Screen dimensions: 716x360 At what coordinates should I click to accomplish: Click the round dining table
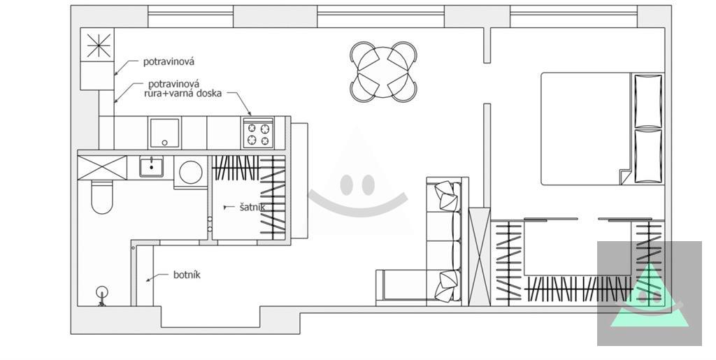coord(383,71)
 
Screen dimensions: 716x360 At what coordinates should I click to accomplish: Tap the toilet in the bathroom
coord(102,197)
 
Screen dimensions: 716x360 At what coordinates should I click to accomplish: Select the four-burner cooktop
coord(258,134)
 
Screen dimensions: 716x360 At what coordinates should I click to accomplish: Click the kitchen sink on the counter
coord(164,133)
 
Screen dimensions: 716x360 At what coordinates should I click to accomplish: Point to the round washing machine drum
coord(191,172)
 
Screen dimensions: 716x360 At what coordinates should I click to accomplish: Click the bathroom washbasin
coord(152,166)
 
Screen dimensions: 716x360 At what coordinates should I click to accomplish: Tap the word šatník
coord(252,207)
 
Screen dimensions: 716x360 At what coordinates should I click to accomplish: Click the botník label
coord(187,275)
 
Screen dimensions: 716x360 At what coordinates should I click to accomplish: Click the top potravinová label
coord(169,61)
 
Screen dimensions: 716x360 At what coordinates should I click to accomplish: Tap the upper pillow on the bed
coord(648,101)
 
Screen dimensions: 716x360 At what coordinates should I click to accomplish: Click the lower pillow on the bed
coord(648,157)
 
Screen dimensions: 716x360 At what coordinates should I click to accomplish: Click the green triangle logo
coord(650,296)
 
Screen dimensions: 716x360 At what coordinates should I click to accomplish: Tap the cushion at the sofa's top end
coord(447,196)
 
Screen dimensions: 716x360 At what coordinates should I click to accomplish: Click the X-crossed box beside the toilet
coord(102,168)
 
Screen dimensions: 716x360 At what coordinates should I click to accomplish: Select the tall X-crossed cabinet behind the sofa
coord(480,257)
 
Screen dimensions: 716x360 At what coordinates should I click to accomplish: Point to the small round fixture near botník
coord(102,292)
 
